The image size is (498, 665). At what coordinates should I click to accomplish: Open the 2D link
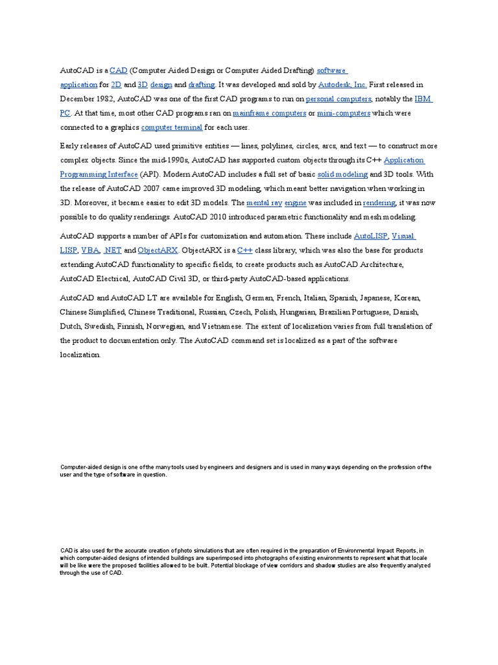point(117,84)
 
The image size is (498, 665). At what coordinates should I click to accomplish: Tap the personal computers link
point(338,99)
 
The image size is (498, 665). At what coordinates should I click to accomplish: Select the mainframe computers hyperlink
point(269,113)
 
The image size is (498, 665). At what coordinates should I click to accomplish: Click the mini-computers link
point(343,113)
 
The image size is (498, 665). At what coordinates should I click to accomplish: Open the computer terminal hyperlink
point(172,127)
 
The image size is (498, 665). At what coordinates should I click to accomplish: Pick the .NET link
point(112,250)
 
